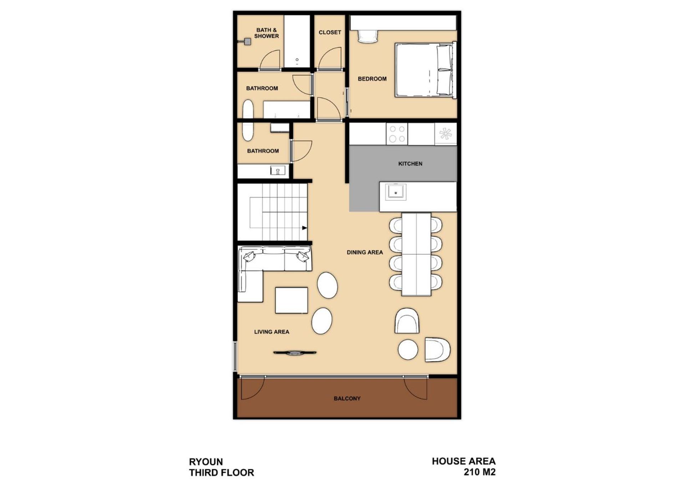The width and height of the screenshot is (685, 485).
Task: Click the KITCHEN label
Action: [x=410, y=164]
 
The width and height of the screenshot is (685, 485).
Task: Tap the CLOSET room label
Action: [x=330, y=32]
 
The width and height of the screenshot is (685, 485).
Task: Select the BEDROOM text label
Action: [x=372, y=79]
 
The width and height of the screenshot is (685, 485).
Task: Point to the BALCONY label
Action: [x=347, y=398]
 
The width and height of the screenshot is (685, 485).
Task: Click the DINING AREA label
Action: [x=365, y=252]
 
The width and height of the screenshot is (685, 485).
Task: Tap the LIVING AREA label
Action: [x=272, y=332]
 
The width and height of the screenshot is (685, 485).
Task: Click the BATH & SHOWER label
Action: [x=267, y=33]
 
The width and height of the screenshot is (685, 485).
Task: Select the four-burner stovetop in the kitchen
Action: [x=397, y=134]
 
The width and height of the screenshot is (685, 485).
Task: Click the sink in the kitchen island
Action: [x=395, y=192]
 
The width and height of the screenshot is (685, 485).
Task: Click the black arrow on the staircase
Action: [x=304, y=228]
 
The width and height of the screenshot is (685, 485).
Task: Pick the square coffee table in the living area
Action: [x=291, y=300]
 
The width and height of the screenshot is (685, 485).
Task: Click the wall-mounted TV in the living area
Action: [x=295, y=353]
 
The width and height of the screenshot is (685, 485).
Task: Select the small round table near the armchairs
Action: [x=408, y=349]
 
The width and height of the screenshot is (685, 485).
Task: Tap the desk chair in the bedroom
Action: [x=367, y=36]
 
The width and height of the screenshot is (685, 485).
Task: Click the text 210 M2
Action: [x=479, y=472]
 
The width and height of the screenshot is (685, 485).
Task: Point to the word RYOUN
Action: [x=206, y=462]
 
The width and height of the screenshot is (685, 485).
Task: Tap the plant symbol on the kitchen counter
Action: [x=446, y=134]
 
